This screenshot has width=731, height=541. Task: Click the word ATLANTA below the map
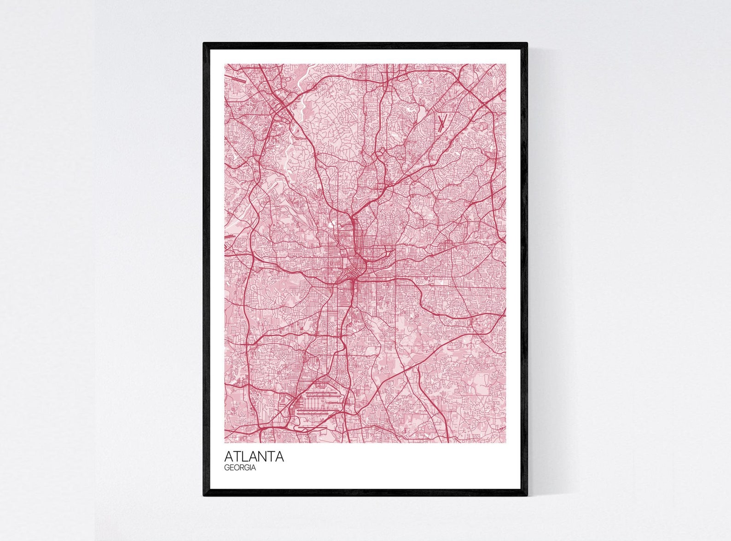pos(254,457)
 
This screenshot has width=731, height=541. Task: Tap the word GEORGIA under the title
pos(240,468)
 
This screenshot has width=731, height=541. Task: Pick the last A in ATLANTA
pos(279,457)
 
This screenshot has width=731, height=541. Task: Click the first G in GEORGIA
pos(227,468)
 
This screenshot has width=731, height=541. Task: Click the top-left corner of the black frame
pos(204,44)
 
